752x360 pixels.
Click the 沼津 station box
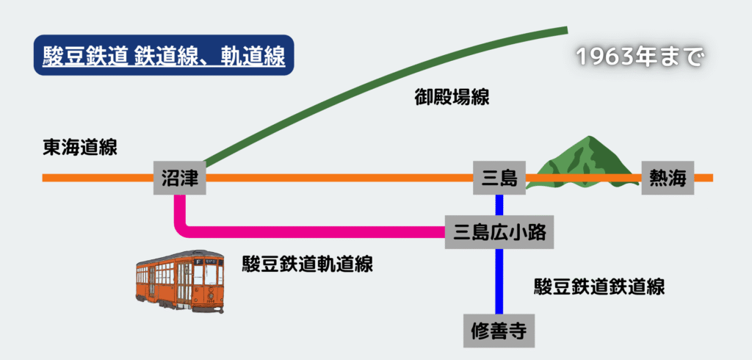(x=180, y=178)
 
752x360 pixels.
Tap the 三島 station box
(x=499, y=178)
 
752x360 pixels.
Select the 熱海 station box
(x=668, y=178)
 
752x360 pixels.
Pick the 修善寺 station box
(x=499, y=330)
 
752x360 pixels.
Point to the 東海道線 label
(x=80, y=147)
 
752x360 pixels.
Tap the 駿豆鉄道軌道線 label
(x=308, y=264)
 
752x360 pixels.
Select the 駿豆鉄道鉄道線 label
(x=599, y=287)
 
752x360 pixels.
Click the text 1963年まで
(x=640, y=57)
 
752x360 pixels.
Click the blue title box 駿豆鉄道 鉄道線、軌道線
(x=164, y=55)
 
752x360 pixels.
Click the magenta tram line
(x=316, y=232)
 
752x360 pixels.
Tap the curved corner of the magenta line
(x=183, y=227)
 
